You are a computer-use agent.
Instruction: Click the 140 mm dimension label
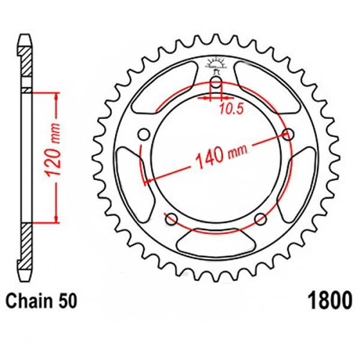[221, 156]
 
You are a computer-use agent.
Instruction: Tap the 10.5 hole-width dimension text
[231, 109]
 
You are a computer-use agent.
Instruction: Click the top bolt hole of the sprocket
[216, 82]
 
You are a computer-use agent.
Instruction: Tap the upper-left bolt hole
[144, 135]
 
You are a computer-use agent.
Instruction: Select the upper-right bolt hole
[288, 134]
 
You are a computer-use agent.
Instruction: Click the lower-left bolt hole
[171, 219]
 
